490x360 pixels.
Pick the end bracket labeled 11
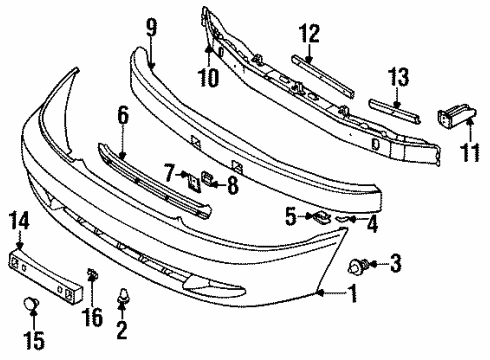coord(457,126)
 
